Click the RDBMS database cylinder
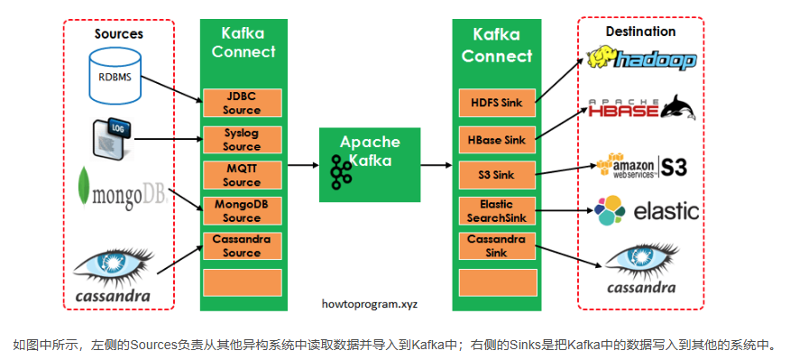point(115,76)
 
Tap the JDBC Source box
point(242,103)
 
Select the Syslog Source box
point(242,140)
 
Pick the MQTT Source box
point(242,175)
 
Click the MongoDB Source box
point(242,210)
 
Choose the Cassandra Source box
point(242,245)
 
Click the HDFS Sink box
point(497,103)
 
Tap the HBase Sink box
point(497,140)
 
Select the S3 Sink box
point(497,175)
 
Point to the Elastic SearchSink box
point(497,210)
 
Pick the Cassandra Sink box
point(497,245)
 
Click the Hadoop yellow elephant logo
point(602,58)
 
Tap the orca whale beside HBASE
point(676,106)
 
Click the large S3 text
point(675,166)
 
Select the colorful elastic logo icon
point(610,210)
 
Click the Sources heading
point(119,34)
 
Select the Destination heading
point(640,32)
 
